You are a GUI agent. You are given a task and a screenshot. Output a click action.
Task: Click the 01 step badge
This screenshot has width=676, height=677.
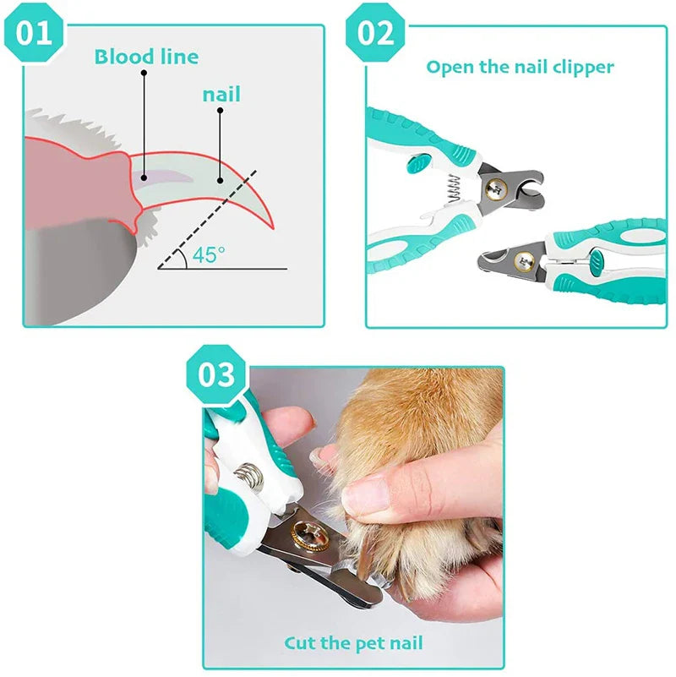(34, 34)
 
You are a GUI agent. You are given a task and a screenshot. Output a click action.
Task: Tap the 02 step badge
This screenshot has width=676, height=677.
(375, 34)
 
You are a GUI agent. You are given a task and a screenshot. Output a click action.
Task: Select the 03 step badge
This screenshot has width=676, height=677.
(216, 374)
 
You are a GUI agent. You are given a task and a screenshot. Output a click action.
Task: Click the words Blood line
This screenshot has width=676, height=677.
(146, 57)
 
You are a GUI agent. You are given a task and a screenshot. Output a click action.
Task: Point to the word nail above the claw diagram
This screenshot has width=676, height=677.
(221, 95)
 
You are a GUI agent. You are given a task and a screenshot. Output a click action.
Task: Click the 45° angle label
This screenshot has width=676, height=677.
(209, 254)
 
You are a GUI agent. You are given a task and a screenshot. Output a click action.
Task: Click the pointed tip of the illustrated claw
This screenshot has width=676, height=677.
(273, 227)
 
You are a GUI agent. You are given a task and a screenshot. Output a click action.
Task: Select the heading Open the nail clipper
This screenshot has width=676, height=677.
(520, 68)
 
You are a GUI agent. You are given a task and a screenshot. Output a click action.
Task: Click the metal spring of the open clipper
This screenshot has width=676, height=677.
(454, 188)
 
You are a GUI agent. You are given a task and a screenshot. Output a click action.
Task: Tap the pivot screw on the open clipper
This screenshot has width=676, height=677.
(495, 189)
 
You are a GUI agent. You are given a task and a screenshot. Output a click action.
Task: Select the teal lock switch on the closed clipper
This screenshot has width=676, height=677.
(597, 262)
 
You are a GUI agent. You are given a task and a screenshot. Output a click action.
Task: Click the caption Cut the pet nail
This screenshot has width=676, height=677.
(353, 643)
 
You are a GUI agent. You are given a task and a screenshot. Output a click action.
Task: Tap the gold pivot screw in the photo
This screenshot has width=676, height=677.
(309, 536)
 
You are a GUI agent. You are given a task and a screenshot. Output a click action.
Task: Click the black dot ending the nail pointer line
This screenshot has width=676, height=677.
(221, 181)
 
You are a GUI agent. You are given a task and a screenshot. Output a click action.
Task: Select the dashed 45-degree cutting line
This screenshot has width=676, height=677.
(207, 220)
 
